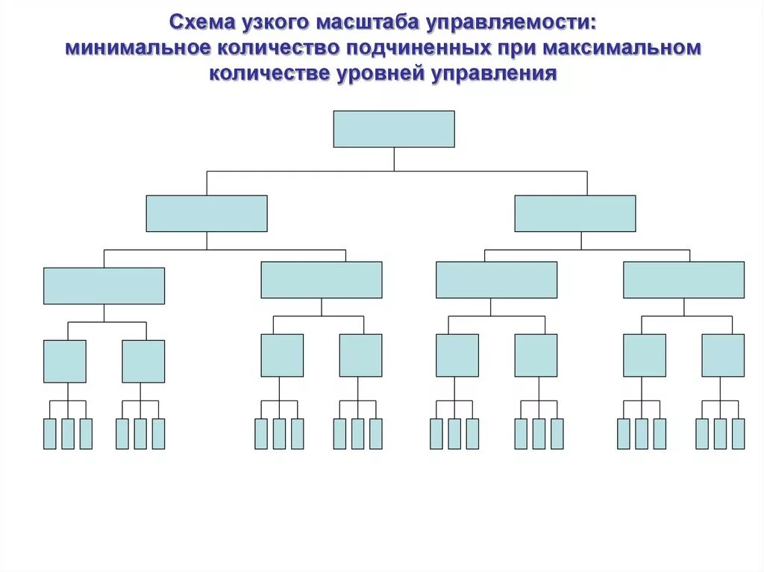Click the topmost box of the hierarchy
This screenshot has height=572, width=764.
(393, 129)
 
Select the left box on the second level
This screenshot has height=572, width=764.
(207, 213)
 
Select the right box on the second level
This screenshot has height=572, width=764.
(575, 213)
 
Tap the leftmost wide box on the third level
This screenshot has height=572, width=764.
(104, 286)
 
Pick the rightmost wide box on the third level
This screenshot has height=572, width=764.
(683, 280)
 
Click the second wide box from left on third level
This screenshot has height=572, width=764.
(322, 280)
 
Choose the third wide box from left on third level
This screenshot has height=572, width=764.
(496, 280)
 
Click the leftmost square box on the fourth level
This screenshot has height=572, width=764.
(65, 362)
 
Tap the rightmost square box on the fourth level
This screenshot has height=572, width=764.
(723, 355)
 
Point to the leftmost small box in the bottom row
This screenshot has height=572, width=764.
(50, 434)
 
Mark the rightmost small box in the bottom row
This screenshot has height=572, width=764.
(738, 434)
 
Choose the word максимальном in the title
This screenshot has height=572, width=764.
(623, 48)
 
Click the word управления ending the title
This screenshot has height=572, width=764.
(492, 74)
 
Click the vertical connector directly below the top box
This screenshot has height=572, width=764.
(394, 159)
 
